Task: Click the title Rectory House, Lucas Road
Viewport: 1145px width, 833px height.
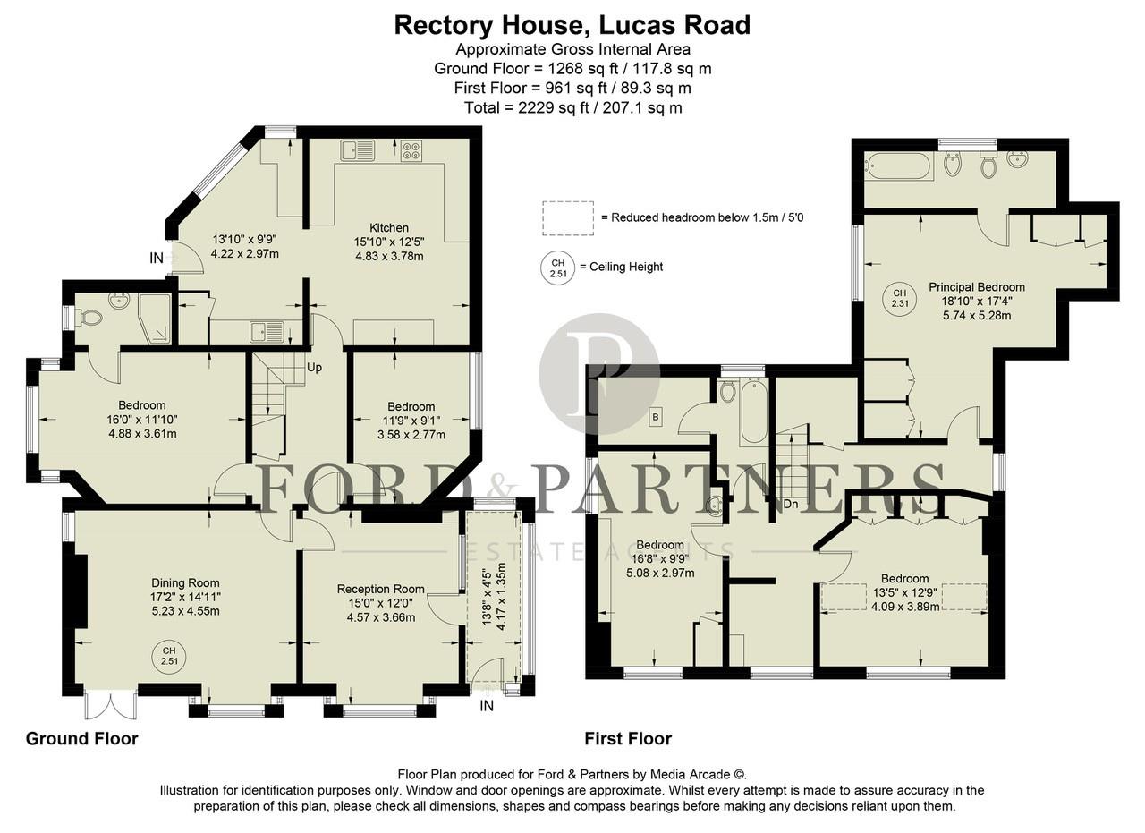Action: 572,25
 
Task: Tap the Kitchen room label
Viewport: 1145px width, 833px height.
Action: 389,228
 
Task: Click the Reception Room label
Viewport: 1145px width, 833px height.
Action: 380,589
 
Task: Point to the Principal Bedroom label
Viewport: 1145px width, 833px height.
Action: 976,287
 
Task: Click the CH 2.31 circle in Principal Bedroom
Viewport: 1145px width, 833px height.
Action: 899,299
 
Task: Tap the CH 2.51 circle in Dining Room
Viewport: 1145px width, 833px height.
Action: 169,655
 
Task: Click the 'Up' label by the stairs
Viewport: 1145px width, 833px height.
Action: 315,367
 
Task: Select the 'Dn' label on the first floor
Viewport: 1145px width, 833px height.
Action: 790,504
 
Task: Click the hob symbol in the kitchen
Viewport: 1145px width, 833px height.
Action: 411,151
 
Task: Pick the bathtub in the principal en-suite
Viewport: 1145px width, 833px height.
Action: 898,166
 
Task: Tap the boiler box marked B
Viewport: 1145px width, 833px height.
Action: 655,416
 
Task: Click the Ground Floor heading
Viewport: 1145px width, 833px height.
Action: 81,738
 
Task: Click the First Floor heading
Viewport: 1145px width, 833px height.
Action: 627,738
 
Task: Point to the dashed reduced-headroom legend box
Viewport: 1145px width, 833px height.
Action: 567,217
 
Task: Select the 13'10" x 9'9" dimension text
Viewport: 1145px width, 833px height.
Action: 244,240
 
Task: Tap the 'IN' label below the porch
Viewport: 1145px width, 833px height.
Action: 487,706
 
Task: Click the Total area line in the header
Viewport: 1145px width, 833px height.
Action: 572,107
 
